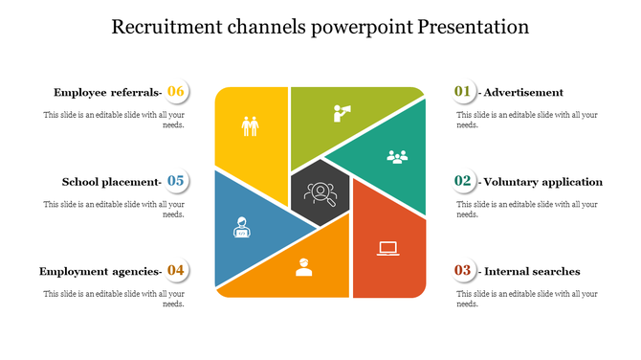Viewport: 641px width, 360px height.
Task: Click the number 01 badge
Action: (463, 92)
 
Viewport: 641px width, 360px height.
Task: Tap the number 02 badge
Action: (463, 181)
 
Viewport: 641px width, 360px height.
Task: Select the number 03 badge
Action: (463, 271)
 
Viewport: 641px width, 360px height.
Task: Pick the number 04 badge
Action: (176, 271)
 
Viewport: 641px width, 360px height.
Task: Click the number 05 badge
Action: (176, 181)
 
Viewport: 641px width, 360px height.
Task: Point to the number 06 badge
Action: (176, 92)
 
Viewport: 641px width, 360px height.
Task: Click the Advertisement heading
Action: (523, 93)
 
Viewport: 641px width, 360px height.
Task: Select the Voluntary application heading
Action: (542, 182)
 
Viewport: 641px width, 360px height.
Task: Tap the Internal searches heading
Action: (531, 272)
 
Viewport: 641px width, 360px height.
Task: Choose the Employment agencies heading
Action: (99, 272)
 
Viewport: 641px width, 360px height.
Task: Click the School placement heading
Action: (110, 182)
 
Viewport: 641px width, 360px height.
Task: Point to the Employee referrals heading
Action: (106, 93)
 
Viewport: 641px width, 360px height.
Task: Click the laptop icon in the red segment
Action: (387, 249)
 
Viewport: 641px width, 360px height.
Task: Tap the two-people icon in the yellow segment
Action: (250, 126)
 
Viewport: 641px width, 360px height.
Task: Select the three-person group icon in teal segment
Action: (397, 156)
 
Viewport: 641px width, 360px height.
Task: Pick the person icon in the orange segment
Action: (304, 267)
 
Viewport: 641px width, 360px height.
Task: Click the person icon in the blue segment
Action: (241, 227)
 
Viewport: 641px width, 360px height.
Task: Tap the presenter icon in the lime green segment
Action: (342, 113)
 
